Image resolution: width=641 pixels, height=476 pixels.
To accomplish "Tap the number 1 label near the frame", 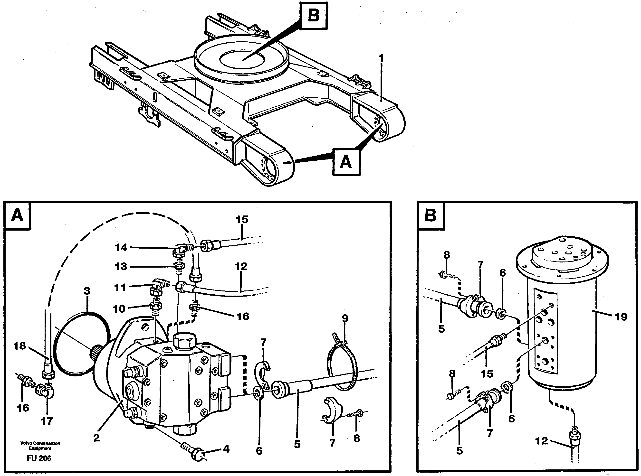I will click(381, 59).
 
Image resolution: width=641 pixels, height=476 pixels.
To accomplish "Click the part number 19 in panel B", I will click(621, 317).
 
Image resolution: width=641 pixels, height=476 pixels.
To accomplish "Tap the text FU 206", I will click(39, 458).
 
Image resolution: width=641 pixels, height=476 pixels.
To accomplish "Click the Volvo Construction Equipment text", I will click(40, 446).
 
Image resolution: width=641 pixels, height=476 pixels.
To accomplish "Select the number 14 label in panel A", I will click(121, 248).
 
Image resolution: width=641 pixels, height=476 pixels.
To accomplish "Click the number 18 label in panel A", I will click(19, 346).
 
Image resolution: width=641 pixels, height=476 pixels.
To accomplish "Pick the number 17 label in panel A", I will click(47, 421).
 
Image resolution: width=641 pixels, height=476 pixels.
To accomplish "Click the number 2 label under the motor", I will click(96, 438).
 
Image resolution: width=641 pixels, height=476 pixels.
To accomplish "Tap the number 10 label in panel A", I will click(119, 309).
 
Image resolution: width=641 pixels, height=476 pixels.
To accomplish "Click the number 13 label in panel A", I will click(121, 267).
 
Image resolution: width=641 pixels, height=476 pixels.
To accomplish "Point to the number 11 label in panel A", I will click(120, 288).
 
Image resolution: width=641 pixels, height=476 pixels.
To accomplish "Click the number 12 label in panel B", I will click(541, 441).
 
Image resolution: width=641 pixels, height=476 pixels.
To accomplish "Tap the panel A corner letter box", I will click(18, 215).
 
